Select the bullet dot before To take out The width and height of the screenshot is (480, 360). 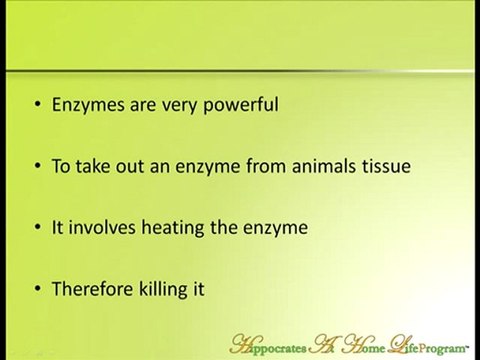[x=37, y=165]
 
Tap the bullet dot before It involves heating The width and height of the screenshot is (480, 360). [x=37, y=228]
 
